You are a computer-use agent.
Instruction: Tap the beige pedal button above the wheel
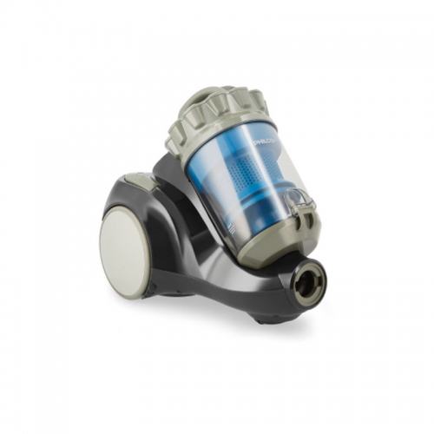136,180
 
